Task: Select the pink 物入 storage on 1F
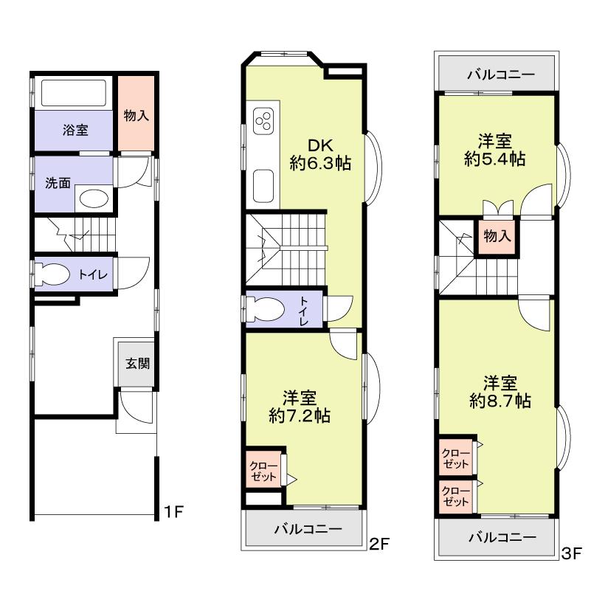pos(136,114)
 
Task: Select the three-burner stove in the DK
pos(264,121)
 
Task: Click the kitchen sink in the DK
pos(263,185)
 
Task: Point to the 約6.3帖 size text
pos(319,164)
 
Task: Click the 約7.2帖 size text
pos(300,415)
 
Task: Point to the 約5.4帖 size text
pos(495,158)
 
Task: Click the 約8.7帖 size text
pos(500,401)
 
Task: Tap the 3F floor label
pos(572,552)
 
